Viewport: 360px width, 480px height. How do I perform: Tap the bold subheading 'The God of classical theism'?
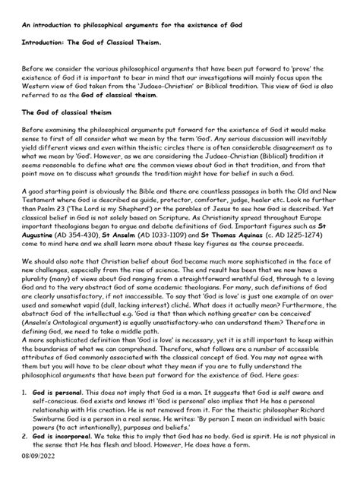[68, 112]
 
